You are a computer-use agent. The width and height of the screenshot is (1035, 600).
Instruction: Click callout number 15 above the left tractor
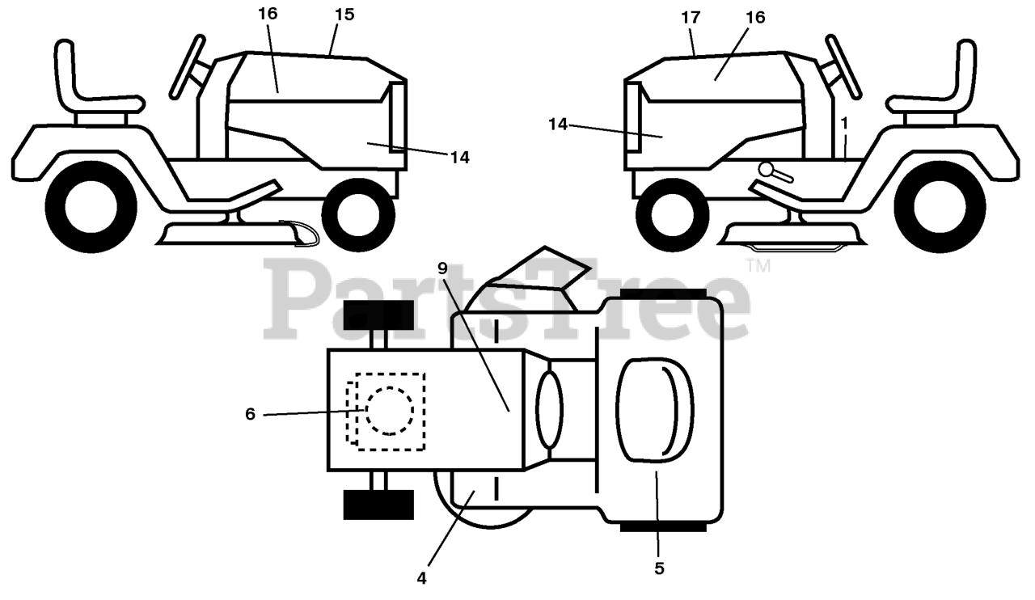coord(344,15)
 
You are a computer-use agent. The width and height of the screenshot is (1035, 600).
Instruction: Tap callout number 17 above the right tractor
coord(691,18)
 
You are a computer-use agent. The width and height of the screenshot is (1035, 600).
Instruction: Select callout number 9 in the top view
coord(442,268)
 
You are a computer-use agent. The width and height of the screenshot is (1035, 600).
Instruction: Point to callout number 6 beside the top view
coord(250,414)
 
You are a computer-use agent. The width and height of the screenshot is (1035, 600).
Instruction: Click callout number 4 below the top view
coord(421,578)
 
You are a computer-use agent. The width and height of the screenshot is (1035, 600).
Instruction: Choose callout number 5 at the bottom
coord(659,568)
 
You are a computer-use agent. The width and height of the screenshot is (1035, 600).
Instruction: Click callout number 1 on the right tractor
coord(844,124)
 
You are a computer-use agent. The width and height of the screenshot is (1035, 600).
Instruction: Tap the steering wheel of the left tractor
coord(188,66)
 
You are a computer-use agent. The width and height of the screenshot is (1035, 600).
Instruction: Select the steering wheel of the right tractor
coord(843,66)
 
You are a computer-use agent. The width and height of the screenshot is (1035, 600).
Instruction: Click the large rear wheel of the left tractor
coord(91,207)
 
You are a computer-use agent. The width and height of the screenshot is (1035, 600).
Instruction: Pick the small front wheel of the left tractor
coord(358,215)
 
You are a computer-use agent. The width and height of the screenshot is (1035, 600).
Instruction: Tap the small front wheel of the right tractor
coord(673,215)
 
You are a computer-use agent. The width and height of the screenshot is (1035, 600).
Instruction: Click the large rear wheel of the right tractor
coord(940,207)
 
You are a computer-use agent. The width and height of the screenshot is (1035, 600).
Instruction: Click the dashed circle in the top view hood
coord(390,411)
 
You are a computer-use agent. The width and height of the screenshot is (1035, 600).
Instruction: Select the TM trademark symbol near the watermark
coord(758,266)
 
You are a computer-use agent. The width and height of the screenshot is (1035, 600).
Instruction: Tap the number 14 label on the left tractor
coord(460,158)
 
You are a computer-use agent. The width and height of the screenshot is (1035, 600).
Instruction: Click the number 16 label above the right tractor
coord(755,18)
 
